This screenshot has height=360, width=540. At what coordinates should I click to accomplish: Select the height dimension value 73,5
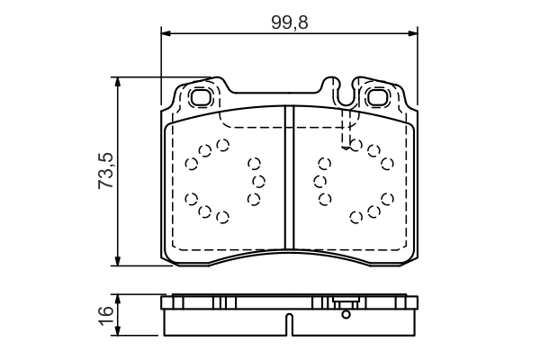[105, 170]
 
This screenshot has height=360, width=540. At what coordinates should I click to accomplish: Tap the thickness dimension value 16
[105, 314]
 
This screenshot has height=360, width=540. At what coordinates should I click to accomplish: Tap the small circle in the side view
[344, 314]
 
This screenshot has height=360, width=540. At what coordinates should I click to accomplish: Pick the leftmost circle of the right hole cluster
[318, 181]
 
